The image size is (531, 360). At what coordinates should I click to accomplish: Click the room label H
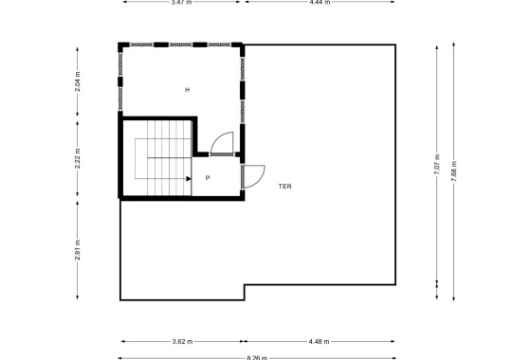188,90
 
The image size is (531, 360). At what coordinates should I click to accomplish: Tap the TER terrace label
285,187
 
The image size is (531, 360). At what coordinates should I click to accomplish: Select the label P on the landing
207,177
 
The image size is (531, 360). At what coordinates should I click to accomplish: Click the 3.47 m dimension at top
180,3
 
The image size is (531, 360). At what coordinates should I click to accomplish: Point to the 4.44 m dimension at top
320,3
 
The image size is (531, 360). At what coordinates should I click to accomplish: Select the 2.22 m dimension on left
77,158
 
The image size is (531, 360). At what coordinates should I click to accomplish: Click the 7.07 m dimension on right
437,165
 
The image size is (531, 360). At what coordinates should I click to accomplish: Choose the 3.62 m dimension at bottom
182,342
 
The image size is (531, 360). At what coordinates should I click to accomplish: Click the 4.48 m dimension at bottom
320,342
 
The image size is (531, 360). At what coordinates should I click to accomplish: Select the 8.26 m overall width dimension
258,358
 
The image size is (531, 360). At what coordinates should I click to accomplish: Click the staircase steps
161,156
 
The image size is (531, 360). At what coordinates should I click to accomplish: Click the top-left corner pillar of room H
121,45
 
